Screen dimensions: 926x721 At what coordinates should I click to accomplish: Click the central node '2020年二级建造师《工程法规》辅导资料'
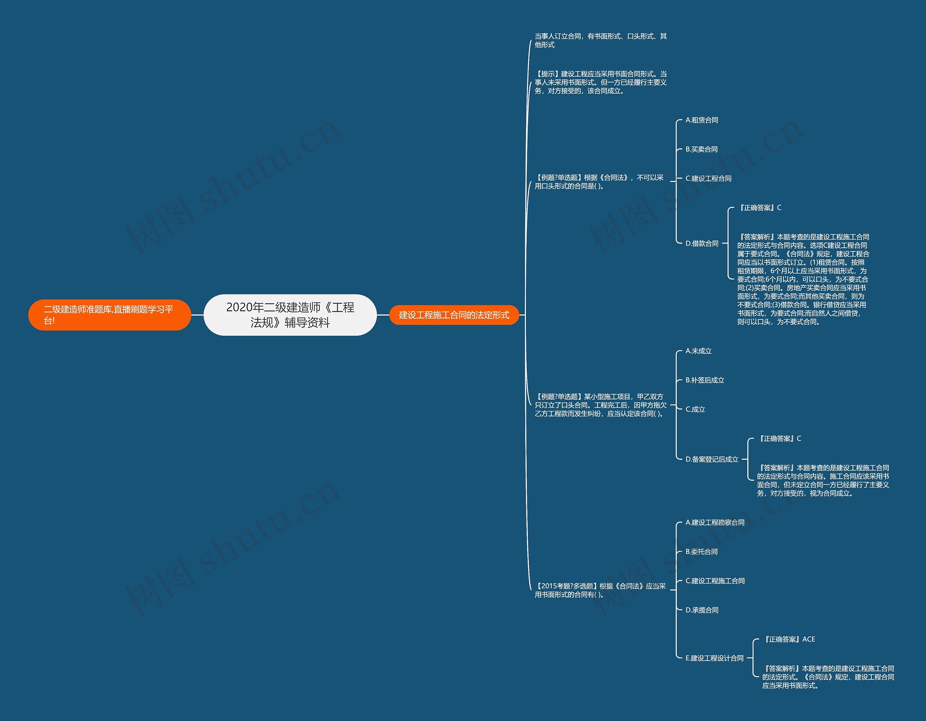tap(290, 315)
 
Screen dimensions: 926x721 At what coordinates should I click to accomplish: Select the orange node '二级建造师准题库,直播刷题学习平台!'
tap(109, 315)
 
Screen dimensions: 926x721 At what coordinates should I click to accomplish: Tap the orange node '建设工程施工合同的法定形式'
tap(454, 315)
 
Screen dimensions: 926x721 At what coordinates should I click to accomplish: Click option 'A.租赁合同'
tap(702, 120)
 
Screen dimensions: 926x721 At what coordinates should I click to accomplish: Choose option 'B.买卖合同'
tap(701, 149)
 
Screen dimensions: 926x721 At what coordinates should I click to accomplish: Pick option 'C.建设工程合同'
tap(708, 179)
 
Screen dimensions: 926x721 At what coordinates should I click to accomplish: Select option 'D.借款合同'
tap(702, 243)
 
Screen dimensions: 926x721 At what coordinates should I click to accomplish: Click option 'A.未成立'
tap(698, 351)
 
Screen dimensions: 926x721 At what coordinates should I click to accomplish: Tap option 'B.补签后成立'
tap(705, 381)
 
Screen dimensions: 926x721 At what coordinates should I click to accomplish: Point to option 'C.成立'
tap(695, 409)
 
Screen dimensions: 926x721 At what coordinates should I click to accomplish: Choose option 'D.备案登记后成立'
tap(712, 459)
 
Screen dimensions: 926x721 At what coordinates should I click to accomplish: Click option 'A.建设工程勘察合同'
tap(715, 522)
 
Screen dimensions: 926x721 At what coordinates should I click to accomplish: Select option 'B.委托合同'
tap(701, 552)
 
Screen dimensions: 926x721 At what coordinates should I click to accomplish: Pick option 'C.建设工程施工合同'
tap(715, 581)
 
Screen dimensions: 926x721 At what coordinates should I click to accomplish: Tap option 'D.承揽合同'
tap(702, 610)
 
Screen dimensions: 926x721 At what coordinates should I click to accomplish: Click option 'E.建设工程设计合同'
tap(714, 658)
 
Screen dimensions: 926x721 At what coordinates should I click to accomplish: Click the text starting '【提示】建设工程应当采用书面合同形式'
tap(600, 82)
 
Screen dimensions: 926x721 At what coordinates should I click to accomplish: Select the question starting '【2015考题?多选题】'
tap(600, 590)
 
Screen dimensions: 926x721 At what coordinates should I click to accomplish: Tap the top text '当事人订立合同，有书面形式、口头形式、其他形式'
tap(600, 40)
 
